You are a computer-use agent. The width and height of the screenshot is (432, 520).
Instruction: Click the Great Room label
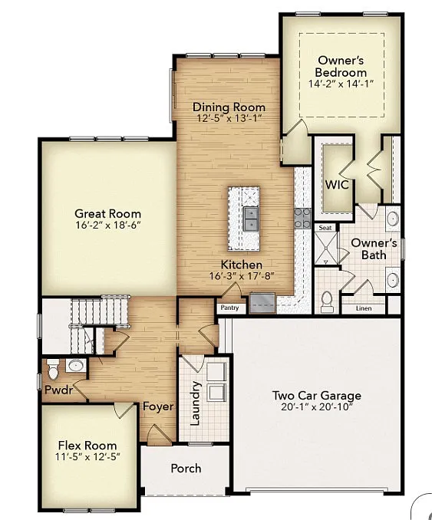(107, 213)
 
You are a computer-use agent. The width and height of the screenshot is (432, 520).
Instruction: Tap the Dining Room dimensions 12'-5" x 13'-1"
(229, 119)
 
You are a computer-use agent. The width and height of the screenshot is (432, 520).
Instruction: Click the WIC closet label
(336, 185)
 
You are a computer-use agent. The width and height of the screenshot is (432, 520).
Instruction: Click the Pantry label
(230, 308)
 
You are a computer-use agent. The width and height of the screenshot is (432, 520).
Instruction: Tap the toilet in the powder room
(53, 369)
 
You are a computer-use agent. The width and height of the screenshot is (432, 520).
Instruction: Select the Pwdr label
(58, 390)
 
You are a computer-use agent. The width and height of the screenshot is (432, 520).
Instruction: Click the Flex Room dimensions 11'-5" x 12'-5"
(87, 457)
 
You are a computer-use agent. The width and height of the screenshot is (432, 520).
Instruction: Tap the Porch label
(186, 468)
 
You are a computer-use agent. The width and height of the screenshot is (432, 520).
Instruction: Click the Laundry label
(195, 403)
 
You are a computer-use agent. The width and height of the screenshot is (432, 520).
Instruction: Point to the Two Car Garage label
(316, 396)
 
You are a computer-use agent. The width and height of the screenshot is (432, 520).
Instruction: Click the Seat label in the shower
(325, 228)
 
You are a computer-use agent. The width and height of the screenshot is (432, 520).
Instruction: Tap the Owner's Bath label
(374, 248)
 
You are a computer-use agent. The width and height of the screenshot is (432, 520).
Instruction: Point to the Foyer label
(158, 406)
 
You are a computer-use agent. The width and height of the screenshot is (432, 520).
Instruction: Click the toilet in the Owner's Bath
(327, 301)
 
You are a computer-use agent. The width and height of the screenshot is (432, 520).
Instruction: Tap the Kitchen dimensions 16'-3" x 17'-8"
(242, 276)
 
